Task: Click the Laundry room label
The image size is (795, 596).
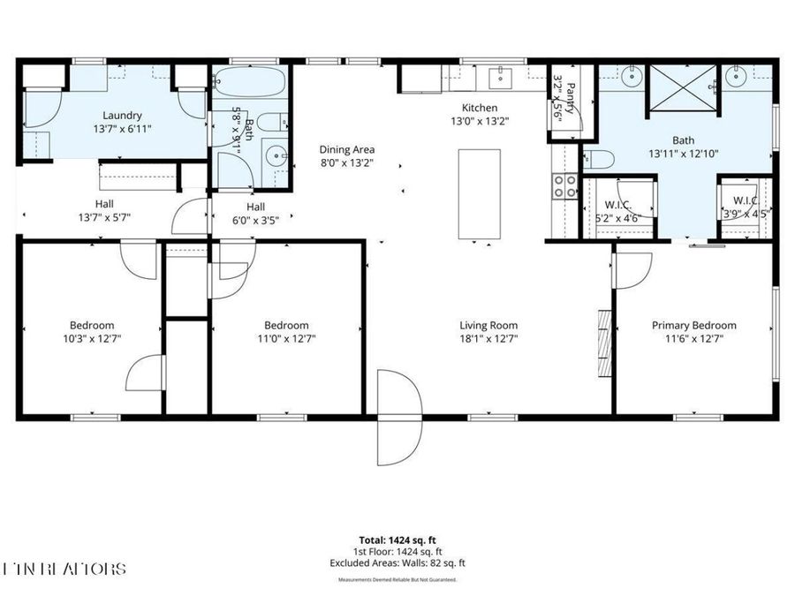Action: (123, 115)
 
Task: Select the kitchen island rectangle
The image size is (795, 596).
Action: (480, 195)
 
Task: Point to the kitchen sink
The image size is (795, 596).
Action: (501, 78)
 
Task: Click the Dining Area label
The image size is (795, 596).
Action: (347, 149)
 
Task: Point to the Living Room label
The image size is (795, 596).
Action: (488, 325)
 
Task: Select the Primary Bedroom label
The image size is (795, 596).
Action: (693, 325)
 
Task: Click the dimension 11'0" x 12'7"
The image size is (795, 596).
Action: (286, 338)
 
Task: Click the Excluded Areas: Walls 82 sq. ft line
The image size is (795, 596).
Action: (397, 562)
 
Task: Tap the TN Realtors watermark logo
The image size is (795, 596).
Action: (64, 569)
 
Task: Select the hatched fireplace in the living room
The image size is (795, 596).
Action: (604, 343)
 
